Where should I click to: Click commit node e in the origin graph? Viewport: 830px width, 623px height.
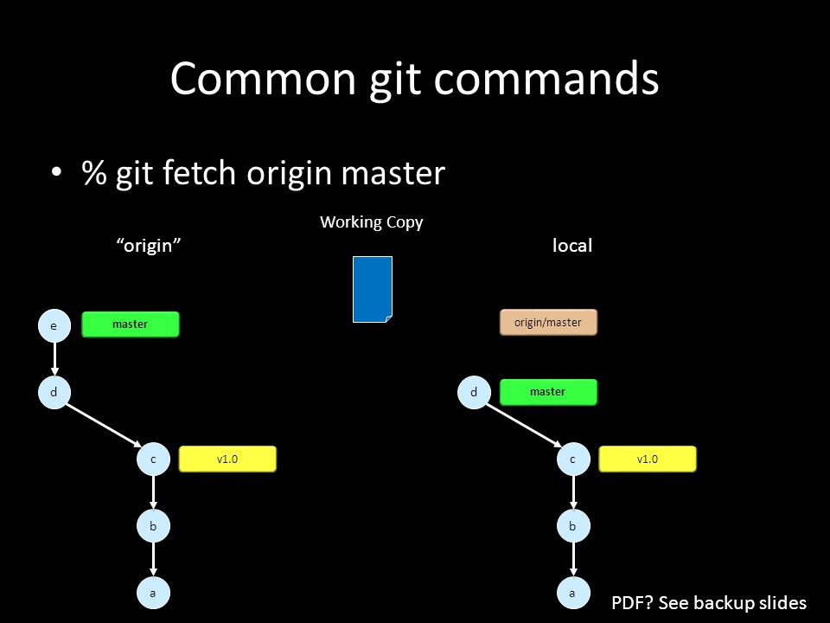pos(54,325)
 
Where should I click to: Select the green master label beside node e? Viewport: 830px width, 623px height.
pos(131,324)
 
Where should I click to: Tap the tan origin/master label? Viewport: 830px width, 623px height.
pos(548,322)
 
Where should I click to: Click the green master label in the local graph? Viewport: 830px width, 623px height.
pos(548,392)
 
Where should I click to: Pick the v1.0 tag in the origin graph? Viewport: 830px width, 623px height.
pos(227,459)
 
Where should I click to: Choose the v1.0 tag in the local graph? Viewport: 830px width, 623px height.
pos(648,459)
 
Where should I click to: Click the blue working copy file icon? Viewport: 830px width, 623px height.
pos(373,289)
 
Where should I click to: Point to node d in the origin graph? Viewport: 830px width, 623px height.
pos(54,392)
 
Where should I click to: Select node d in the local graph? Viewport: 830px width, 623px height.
pos(474,392)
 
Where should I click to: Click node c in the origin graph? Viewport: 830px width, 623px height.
pos(153,459)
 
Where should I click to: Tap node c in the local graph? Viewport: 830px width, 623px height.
pos(573,459)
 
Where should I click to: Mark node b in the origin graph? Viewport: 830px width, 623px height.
pos(153,526)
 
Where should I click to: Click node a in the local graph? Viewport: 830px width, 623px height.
pos(573,593)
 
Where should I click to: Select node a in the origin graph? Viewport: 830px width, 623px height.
pos(153,593)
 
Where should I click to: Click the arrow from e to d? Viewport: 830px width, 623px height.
pos(54,358)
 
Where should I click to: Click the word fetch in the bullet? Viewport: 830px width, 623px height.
pos(199,173)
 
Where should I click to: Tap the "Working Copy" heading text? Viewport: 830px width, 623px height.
pos(372,222)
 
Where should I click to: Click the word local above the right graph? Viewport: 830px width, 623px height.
pos(572,245)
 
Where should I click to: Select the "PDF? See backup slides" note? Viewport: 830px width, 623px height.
pos(709,603)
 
